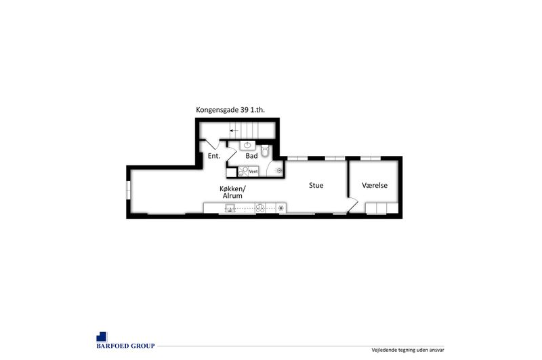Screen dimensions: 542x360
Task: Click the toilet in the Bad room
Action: click(265, 151)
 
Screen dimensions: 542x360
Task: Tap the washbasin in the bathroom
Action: click(247, 145)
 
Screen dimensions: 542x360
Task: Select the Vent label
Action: click(253, 172)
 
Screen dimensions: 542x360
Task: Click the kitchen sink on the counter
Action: click(230, 208)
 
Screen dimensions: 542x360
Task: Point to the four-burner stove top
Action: click(260, 208)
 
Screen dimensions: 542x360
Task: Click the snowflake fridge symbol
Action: click(281, 208)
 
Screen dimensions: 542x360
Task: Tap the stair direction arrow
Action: click(234, 131)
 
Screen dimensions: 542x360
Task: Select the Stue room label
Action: click(316, 185)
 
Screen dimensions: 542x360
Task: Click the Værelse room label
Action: click(375, 185)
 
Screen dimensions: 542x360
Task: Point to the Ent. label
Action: click(214, 156)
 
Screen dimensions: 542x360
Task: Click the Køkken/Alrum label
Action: click(232, 192)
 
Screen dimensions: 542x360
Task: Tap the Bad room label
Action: click(251, 156)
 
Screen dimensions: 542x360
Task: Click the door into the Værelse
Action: click(353, 205)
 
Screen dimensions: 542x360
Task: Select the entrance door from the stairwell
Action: click(212, 144)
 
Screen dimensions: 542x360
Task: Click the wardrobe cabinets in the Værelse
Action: click(382, 208)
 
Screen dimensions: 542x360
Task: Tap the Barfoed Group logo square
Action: click(102, 337)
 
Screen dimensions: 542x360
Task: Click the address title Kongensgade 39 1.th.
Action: click(230, 110)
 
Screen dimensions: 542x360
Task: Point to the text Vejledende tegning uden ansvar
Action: click(408, 350)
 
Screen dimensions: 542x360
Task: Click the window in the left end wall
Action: click(128, 190)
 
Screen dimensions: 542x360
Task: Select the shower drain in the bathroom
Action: click(279, 170)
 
